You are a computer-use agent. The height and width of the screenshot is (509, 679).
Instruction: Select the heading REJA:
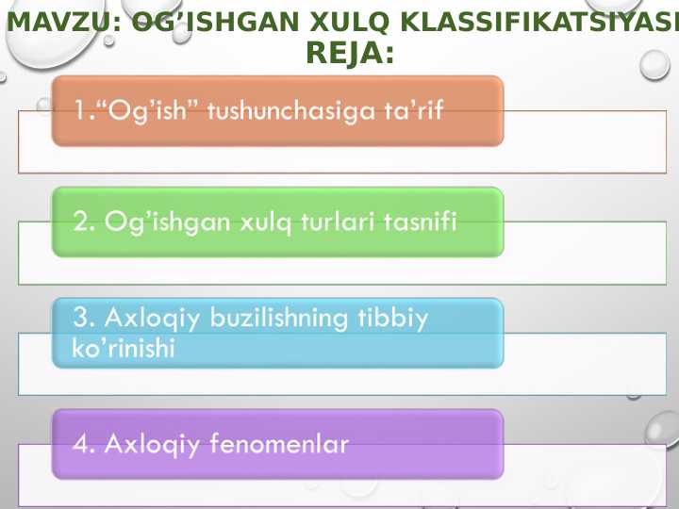pyautogui.click(x=350, y=57)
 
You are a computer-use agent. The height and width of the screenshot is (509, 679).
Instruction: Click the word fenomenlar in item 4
pyautogui.click(x=290, y=443)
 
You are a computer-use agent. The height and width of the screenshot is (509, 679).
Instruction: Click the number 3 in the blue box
pyautogui.click(x=81, y=318)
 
